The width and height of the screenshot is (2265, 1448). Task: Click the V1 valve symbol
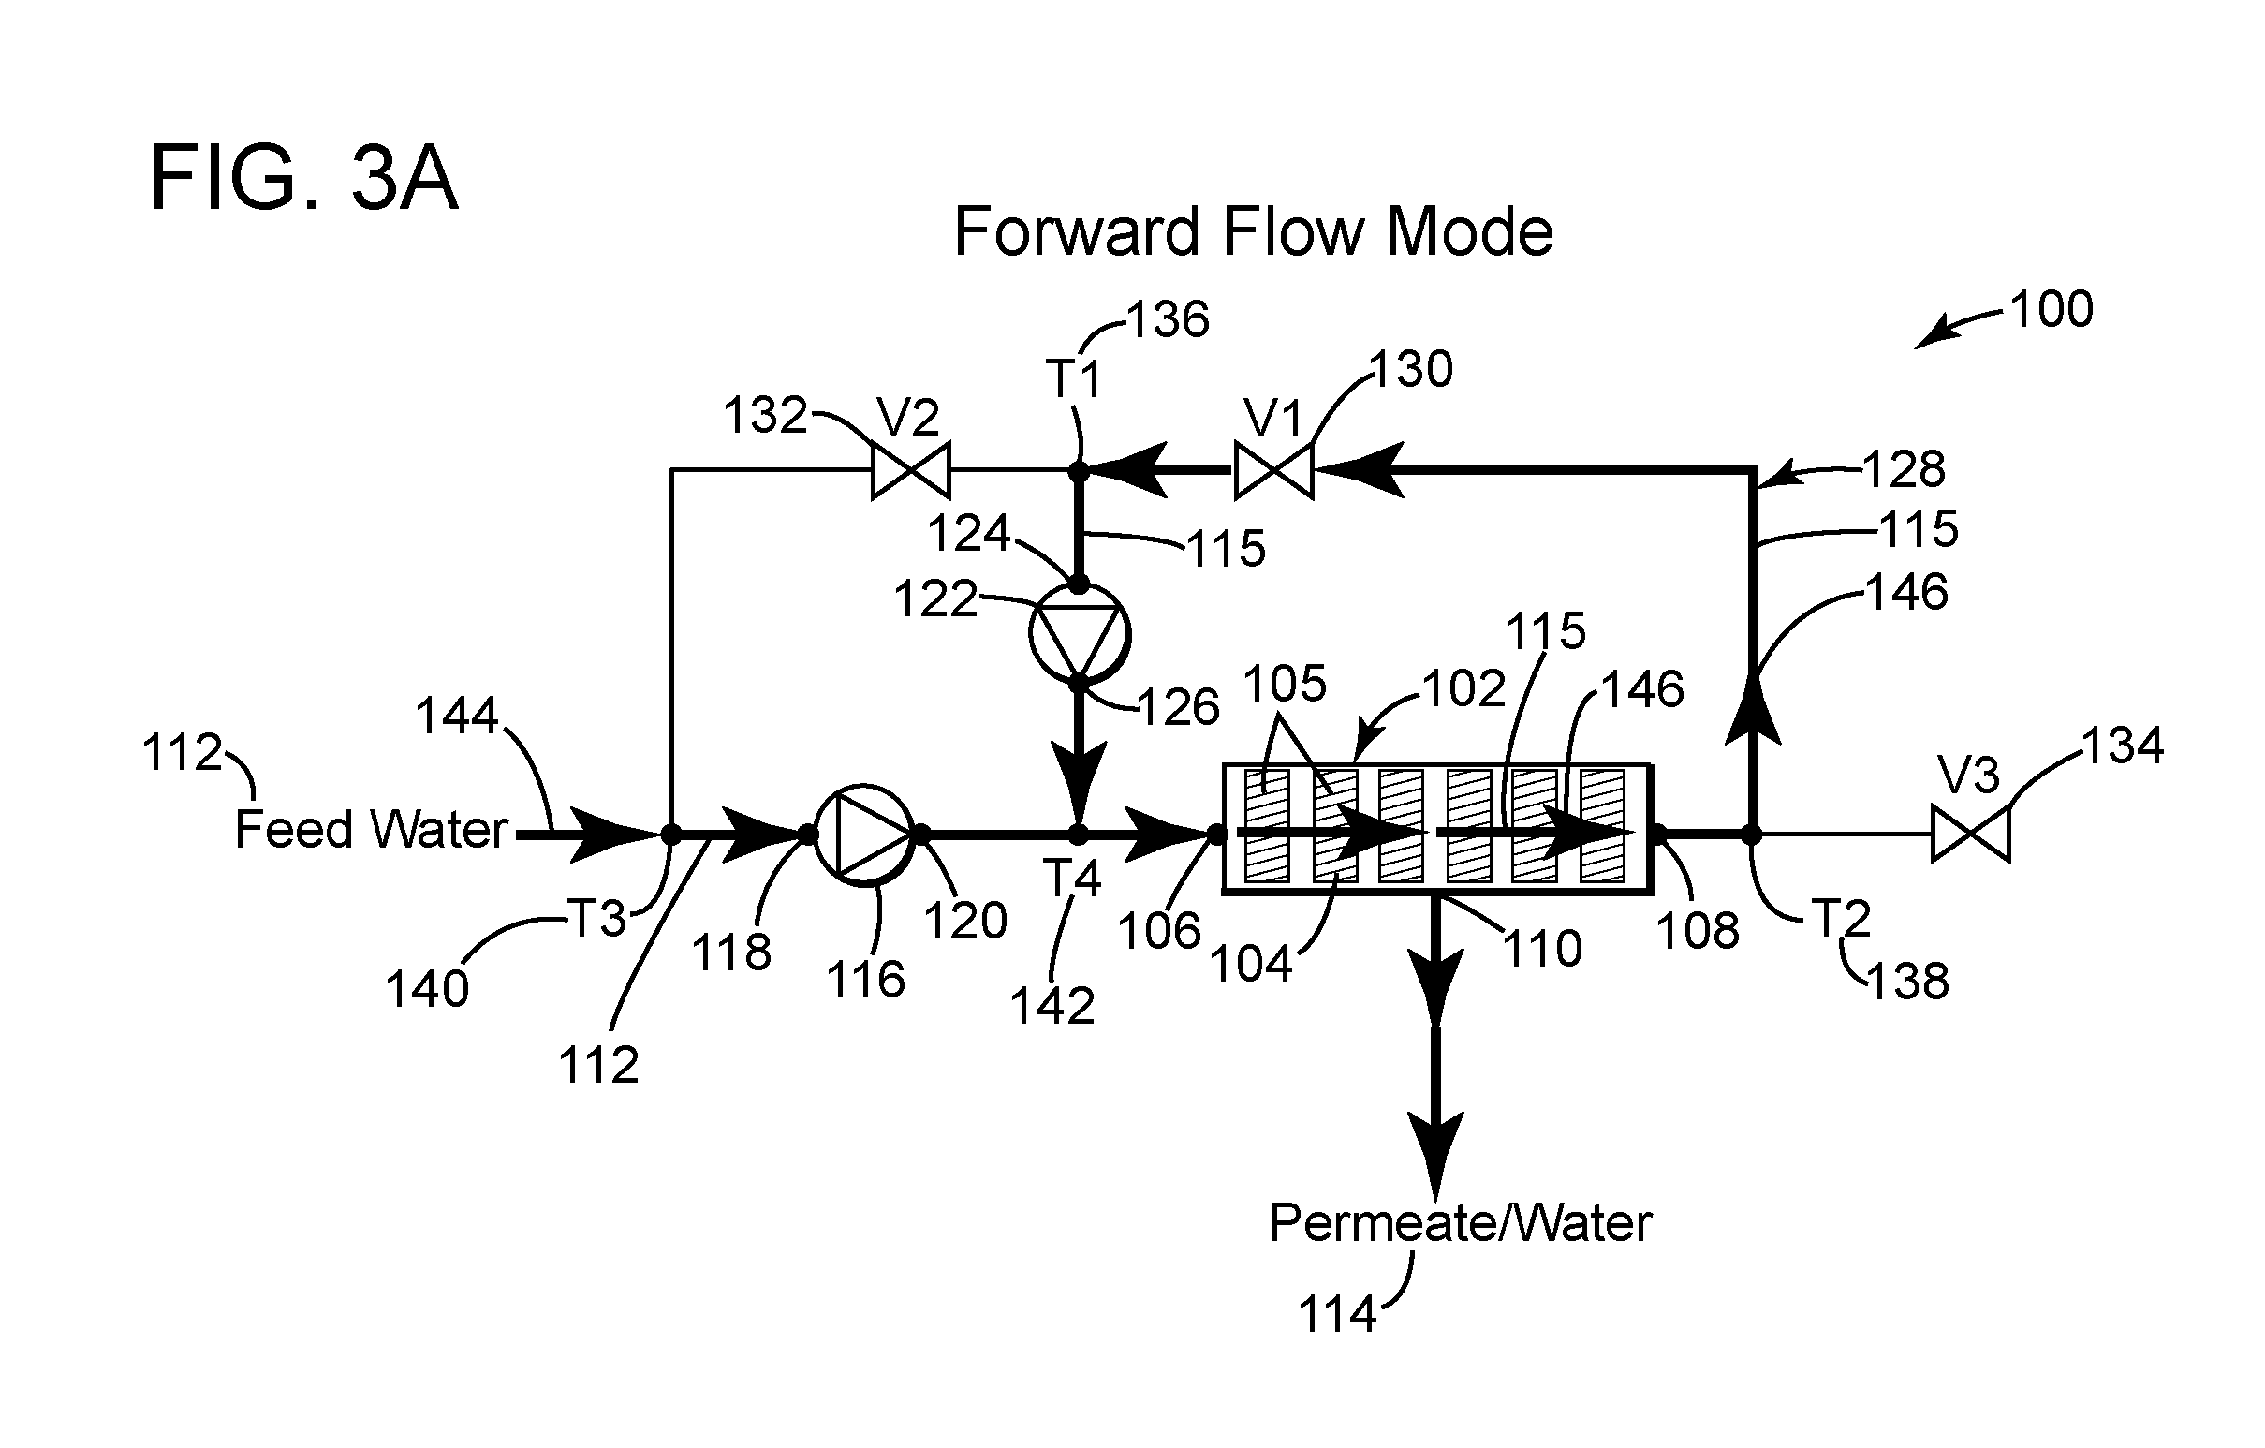pyautogui.click(x=1273, y=469)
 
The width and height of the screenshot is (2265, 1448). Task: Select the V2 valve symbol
pyautogui.click(x=910, y=469)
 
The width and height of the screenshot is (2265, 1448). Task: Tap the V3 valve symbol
pyautogui.click(x=1971, y=834)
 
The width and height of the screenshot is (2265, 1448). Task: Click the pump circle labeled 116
pyautogui.click(x=863, y=835)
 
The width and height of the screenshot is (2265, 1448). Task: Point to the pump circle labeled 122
pyautogui.click(x=1079, y=634)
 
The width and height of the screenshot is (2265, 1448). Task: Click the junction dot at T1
pyautogui.click(x=1079, y=469)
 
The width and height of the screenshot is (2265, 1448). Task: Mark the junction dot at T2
pyautogui.click(x=1752, y=834)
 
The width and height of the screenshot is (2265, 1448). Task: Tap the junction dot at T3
pyautogui.click(x=670, y=834)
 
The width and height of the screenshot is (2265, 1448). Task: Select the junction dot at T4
pyautogui.click(x=1079, y=834)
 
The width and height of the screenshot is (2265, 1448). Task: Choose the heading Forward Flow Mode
pyautogui.click(x=1253, y=231)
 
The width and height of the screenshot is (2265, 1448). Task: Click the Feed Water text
pyautogui.click(x=372, y=830)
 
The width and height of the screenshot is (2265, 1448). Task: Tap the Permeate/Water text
pyautogui.click(x=1461, y=1223)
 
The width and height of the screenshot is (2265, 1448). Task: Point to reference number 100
pyautogui.click(x=2052, y=309)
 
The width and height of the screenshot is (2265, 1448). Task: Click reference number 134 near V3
pyautogui.click(x=2123, y=746)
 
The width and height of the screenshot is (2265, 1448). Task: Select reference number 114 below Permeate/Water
pyautogui.click(x=1337, y=1314)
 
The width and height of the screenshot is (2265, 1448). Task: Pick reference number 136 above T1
pyautogui.click(x=1168, y=320)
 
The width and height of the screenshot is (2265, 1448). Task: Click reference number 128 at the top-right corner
pyautogui.click(x=1904, y=468)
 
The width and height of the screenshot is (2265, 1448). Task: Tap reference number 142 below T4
pyautogui.click(x=1052, y=1006)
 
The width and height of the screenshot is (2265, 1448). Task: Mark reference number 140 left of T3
pyautogui.click(x=427, y=989)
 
